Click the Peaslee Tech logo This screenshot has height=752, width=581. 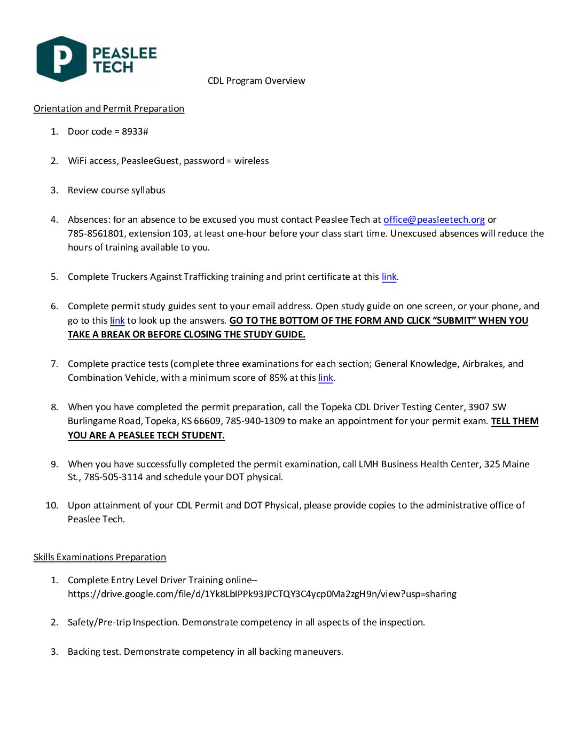[96, 59]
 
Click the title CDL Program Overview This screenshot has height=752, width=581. [256, 81]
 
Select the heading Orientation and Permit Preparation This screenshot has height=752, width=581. [109, 108]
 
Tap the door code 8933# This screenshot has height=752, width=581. [135, 131]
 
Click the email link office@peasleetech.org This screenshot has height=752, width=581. [434, 220]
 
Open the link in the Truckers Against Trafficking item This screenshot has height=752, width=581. [389, 277]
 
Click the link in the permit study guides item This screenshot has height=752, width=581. [117, 320]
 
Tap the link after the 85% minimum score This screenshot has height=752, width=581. [325, 378]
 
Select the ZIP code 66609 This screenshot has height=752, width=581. [208, 421]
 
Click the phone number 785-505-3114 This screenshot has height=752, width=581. [113, 477]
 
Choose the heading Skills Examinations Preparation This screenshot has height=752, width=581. [100, 557]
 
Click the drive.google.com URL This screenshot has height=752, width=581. [262, 594]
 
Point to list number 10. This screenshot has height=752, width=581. [52, 505]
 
